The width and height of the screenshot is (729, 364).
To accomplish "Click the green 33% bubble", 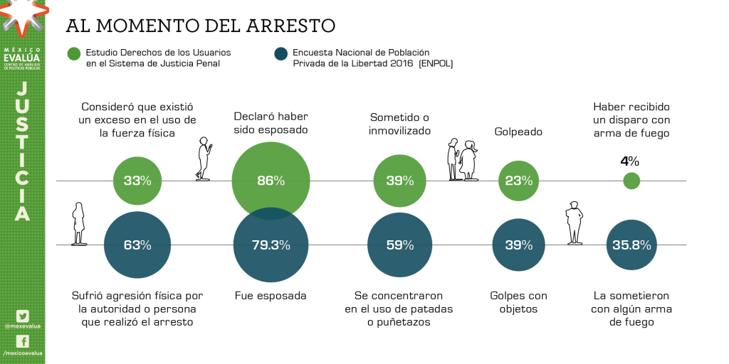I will (137, 181).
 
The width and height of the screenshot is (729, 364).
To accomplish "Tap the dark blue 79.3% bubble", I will (271, 246).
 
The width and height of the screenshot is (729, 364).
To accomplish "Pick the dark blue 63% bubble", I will (137, 245).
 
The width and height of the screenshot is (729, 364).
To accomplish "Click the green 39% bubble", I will (400, 181).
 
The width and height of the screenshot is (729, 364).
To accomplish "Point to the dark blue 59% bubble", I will (400, 245).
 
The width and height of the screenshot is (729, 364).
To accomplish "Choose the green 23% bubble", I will (518, 181).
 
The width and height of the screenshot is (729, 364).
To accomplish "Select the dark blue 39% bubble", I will (518, 245).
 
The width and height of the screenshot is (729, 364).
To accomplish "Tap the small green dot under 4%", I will (631, 181).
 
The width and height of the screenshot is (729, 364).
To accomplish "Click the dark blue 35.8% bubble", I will (631, 245).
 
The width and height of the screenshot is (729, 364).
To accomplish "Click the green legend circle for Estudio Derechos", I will (74, 54).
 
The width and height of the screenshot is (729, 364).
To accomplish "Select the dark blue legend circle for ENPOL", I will (280, 54).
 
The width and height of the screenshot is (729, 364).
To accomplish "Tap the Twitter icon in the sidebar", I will (23, 316).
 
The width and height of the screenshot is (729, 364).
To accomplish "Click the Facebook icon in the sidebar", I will (23, 341).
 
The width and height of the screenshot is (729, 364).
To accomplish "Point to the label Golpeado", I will (518, 132).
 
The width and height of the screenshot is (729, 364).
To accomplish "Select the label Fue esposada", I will (271, 295).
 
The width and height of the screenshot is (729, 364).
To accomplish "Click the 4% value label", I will (629, 161).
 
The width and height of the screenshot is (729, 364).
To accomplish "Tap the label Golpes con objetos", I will (518, 302).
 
